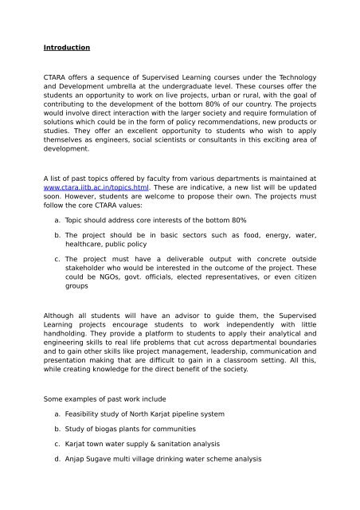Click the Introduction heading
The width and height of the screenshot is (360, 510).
click(68, 46)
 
